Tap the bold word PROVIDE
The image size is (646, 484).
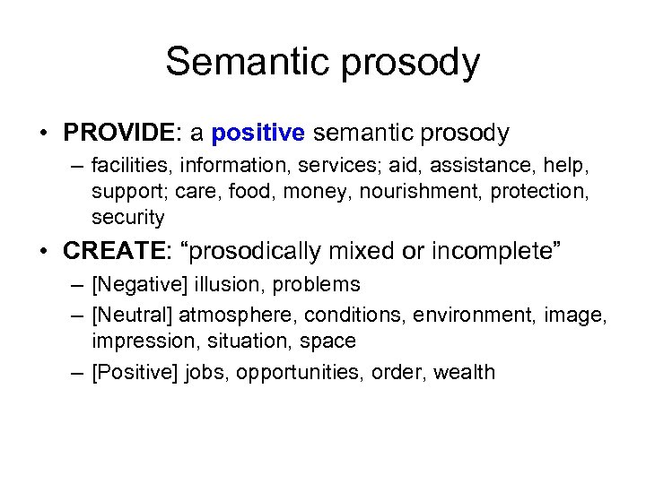[x=119, y=134]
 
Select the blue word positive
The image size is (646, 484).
[x=258, y=134]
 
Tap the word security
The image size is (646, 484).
[x=127, y=216]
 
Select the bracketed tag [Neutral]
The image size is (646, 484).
[x=133, y=315]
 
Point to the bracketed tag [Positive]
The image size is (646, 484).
[x=135, y=372]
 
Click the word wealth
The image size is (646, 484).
[x=464, y=372]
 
